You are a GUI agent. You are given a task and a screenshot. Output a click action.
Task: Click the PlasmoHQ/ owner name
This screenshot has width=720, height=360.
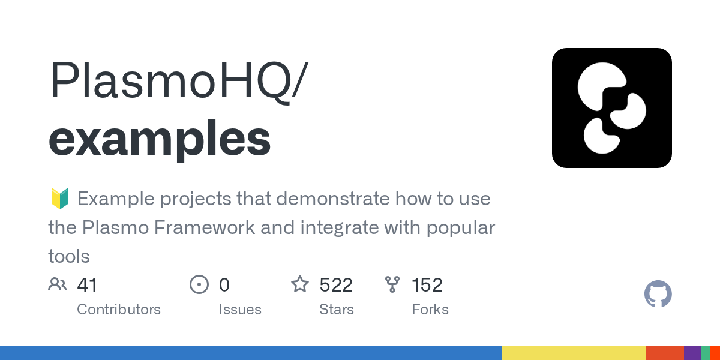coord(176,81)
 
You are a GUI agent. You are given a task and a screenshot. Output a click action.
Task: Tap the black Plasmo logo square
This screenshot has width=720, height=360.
coord(611,108)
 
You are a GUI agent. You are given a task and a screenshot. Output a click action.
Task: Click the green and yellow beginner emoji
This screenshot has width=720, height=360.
coord(59,198)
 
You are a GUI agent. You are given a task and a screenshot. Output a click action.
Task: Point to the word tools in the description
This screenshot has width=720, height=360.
coord(69,257)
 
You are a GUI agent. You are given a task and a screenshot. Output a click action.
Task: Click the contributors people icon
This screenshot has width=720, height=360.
coord(58,284)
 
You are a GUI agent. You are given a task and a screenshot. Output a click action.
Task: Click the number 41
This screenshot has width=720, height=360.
coord(88,284)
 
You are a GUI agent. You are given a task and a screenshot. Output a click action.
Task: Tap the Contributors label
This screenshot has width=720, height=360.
coord(119,310)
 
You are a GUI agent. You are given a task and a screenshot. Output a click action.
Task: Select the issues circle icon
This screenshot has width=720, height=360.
coord(199,284)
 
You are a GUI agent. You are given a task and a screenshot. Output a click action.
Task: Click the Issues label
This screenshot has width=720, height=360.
coord(240,310)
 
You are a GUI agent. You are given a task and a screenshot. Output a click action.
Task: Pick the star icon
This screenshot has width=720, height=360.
coord(300,284)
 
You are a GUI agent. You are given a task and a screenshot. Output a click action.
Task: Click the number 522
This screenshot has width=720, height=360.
coord(336,284)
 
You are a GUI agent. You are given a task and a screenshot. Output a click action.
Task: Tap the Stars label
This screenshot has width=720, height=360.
coord(337,310)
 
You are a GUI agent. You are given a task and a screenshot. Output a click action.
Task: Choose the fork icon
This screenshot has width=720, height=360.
coord(392,284)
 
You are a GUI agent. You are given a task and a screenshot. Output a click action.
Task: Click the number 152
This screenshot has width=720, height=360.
coord(427,284)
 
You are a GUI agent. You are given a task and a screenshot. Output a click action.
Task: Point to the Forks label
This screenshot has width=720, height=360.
coord(430,310)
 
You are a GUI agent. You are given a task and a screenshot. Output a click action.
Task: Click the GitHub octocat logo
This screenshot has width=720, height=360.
coord(658,294)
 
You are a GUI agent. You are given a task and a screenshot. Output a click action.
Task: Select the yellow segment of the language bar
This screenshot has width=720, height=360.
coord(573,353)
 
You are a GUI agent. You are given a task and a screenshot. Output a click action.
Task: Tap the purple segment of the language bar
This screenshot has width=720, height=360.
coord(692,353)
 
